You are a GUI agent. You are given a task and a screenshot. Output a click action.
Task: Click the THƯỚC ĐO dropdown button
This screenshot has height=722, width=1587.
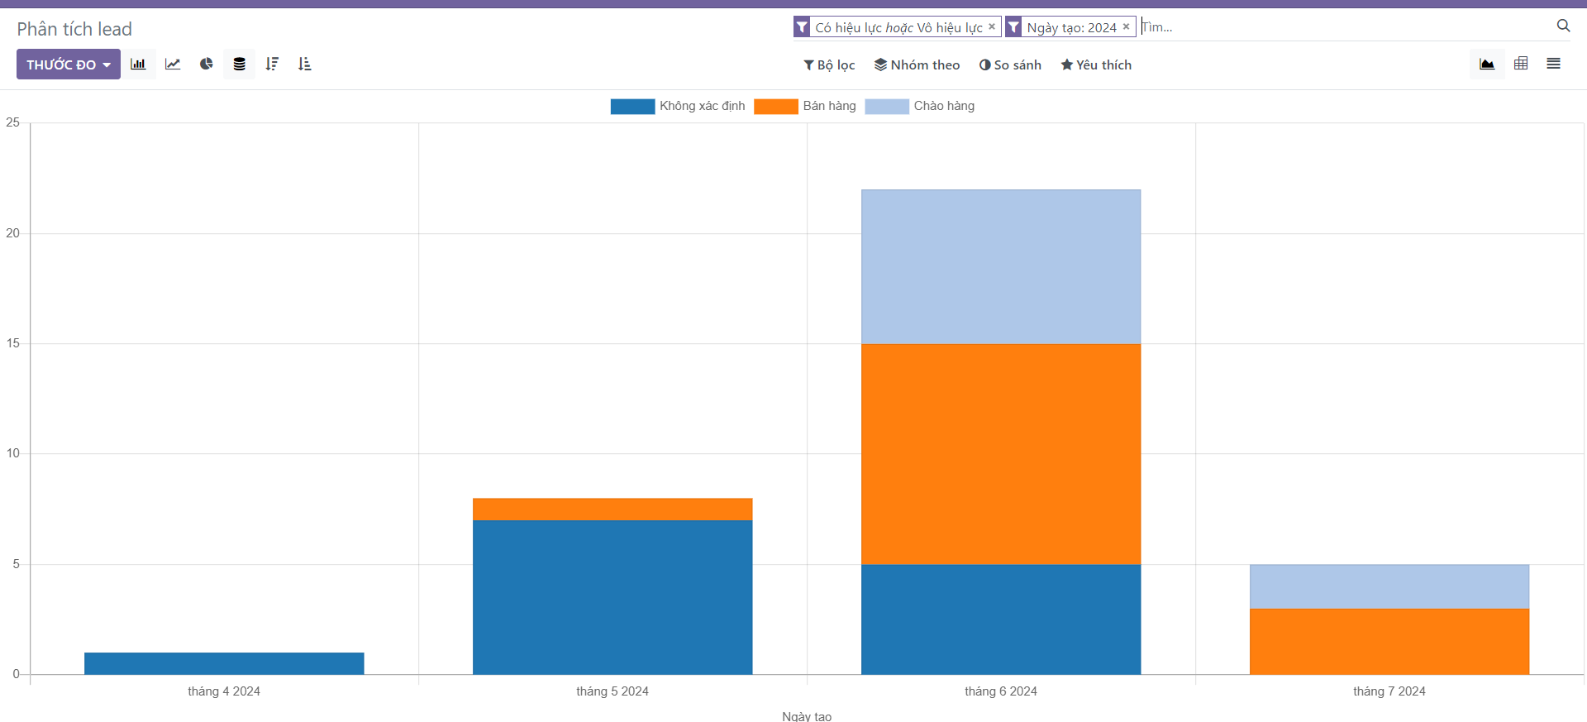(x=68, y=65)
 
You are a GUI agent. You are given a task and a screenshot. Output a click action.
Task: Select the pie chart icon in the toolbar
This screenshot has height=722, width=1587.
(x=206, y=64)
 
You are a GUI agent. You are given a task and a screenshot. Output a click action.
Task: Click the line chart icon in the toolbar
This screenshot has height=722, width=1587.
(x=173, y=64)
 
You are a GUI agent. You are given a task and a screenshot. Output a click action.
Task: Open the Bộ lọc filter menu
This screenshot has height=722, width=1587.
(x=829, y=65)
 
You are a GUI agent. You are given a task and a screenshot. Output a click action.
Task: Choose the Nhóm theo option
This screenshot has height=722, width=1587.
(x=917, y=65)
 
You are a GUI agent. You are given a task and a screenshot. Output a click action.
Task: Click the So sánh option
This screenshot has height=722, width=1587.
(x=1010, y=65)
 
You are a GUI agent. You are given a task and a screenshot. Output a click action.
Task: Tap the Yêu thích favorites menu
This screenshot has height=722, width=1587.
(x=1096, y=65)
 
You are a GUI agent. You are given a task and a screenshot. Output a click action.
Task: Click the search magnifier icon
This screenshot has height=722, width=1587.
(x=1563, y=26)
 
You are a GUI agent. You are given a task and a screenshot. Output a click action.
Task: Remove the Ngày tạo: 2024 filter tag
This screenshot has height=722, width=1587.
(x=1126, y=26)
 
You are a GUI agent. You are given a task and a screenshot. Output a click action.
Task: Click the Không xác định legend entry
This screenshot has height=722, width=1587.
(x=678, y=106)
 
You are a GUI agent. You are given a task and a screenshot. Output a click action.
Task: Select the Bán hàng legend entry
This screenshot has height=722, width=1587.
(x=805, y=106)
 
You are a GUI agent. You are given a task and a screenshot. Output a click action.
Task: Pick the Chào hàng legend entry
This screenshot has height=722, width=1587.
(x=920, y=106)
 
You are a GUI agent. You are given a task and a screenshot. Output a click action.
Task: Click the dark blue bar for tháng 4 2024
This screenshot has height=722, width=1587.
(x=224, y=663)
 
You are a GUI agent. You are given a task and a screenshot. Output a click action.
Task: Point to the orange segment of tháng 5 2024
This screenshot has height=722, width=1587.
(x=612, y=509)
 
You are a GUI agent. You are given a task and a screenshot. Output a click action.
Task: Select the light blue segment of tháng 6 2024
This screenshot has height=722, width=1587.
(x=1001, y=266)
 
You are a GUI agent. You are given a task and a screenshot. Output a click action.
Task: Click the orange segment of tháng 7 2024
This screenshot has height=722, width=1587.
(x=1389, y=641)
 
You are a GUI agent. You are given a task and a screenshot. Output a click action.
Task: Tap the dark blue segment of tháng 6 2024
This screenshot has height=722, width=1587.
(x=1001, y=619)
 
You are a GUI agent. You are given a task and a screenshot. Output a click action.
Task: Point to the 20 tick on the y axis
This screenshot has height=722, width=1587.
(x=12, y=233)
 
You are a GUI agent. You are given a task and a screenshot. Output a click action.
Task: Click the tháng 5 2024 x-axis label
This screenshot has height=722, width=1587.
(x=612, y=691)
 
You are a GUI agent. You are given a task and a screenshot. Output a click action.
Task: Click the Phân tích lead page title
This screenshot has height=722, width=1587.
(x=74, y=29)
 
